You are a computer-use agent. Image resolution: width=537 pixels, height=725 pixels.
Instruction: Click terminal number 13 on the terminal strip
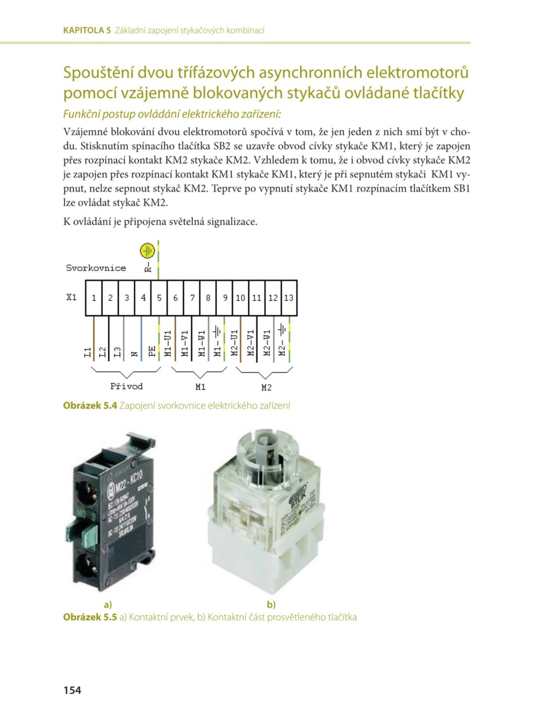coord(289,298)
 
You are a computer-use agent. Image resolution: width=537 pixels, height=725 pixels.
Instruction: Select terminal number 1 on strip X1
coord(94,298)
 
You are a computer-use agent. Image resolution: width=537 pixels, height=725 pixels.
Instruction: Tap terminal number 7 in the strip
coord(192,298)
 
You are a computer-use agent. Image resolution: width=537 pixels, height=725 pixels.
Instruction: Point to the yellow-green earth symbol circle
coord(147,250)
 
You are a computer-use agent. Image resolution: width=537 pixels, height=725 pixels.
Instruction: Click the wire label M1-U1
coord(168,343)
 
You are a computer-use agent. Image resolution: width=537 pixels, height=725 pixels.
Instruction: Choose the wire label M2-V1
coord(251,343)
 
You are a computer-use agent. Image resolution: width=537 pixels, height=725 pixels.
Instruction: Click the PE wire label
coord(152,350)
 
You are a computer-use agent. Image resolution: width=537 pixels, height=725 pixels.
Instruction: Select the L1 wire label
coord(87,352)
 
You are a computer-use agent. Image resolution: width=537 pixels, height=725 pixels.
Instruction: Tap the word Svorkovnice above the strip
coord(96,268)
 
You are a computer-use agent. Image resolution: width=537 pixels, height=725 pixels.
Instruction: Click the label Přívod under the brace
coord(126,386)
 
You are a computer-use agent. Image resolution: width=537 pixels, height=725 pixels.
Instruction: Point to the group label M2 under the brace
coord(266,387)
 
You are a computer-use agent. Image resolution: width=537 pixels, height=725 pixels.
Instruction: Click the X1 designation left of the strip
coord(71,297)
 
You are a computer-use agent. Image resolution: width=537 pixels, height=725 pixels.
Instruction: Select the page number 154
coord(72,690)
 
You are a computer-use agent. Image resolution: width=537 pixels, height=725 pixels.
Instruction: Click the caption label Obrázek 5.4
coord(90,405)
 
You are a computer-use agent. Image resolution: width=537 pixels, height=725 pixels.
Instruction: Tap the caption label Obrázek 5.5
coord(90,617)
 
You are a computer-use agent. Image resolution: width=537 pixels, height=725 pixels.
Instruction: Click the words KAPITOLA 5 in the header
coord(87,30)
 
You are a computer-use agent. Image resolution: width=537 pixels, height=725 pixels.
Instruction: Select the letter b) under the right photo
coord(271,605)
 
